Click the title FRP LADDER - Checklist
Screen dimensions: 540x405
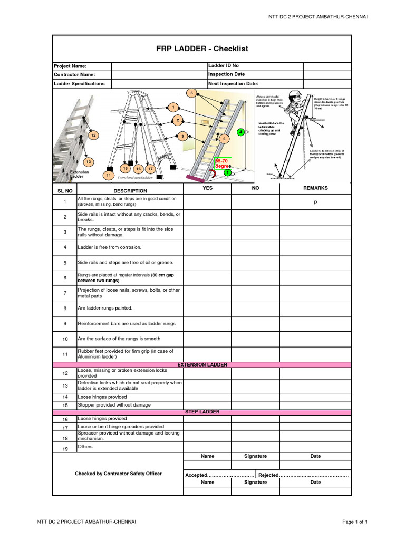(202, 49)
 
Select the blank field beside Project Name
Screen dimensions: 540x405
(159, 66)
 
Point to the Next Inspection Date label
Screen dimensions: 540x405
(233, 83)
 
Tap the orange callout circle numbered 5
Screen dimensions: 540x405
(191, 93)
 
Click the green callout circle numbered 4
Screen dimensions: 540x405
(240, 132)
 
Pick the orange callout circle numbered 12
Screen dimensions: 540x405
(93, 136)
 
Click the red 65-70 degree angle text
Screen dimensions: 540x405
(222, 163)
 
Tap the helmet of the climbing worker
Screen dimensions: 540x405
(297, 95)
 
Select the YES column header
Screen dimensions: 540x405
(207, 188)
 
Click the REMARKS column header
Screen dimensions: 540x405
(315, 188)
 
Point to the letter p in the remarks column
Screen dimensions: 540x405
(315, 202)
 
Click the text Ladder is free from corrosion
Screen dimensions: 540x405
(110, 247)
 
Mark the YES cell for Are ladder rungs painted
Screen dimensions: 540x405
(207, 308)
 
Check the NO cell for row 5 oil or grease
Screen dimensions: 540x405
(255, 263)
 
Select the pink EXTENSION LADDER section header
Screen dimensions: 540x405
(202, 365)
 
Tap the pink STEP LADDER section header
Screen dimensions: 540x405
(202, 412)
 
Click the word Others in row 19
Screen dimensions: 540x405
(85, 447)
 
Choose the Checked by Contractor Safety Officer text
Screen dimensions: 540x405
(118, 474)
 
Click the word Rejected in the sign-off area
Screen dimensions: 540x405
(268, 475)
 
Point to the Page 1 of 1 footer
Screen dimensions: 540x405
(354, 522)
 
